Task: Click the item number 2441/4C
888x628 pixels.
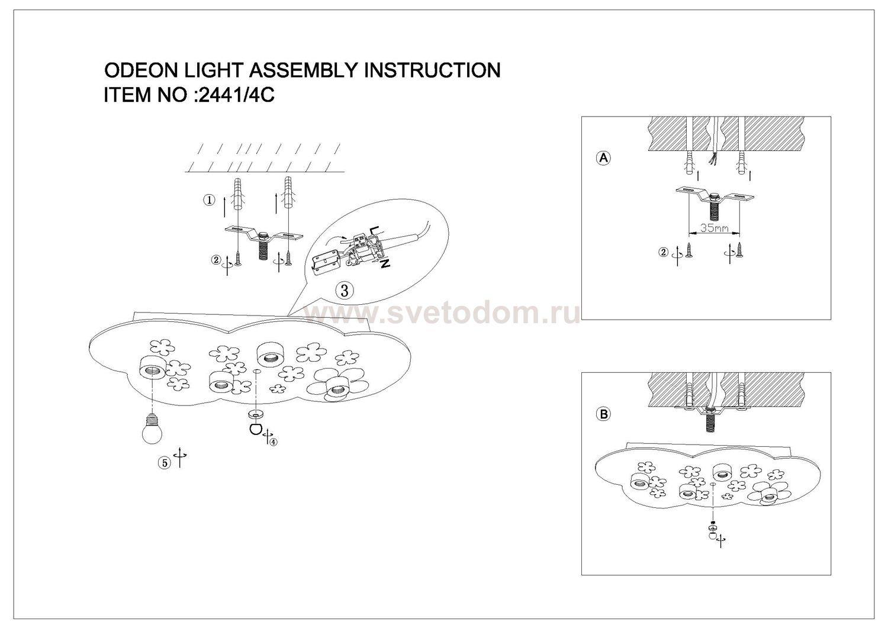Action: click(x=234, y=95)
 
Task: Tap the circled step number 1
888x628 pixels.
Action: click(x=208, y=201)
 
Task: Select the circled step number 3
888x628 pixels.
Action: click(x=345, y=290)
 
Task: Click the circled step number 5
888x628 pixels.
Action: click(x=164, y=463)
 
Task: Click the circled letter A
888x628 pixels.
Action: click(x=603, y=158)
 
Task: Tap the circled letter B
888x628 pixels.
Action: click(x=603, y=414)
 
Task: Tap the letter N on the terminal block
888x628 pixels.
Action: click(x=385, y=264)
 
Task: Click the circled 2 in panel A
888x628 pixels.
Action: click(x=663, y=252)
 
